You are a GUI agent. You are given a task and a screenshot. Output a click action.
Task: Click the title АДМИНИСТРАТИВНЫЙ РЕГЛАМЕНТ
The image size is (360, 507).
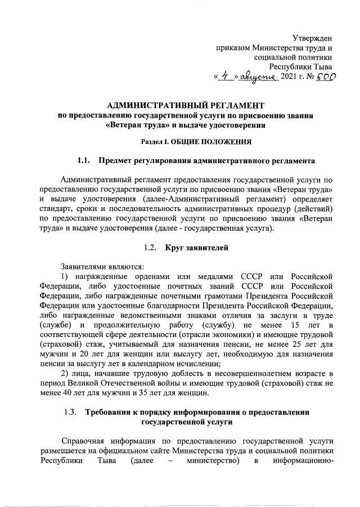click(186, 105)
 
